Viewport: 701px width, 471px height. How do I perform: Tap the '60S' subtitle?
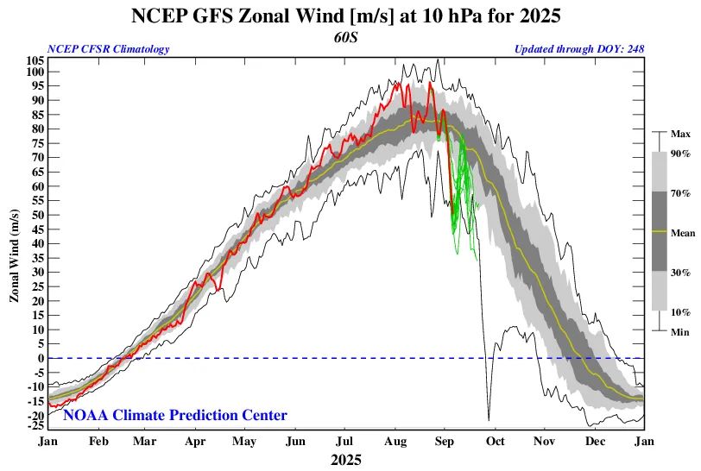tap(345, 37)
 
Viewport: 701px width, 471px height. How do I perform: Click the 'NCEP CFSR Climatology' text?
tap(109, 49)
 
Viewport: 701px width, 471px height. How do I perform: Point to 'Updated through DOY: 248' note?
tap(579, 49)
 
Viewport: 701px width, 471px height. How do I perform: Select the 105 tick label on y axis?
tap(35, 60)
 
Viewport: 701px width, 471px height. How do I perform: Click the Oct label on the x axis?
tap(495, 441)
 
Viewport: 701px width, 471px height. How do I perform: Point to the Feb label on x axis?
tap(98, 441)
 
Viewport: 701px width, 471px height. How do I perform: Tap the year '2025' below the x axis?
tap(345, 460)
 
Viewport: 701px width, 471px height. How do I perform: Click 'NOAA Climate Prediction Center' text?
tap(175, 416)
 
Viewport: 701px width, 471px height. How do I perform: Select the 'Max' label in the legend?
tap(680, 134)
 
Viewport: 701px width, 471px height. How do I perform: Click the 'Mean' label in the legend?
tap(683, 232)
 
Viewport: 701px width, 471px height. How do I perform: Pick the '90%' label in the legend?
tap(681, 154)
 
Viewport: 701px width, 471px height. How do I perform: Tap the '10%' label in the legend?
tap(681, 311)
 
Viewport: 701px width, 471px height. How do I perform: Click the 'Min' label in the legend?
tap(680, 330)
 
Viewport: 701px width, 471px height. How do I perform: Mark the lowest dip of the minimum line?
tap(488, 420)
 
